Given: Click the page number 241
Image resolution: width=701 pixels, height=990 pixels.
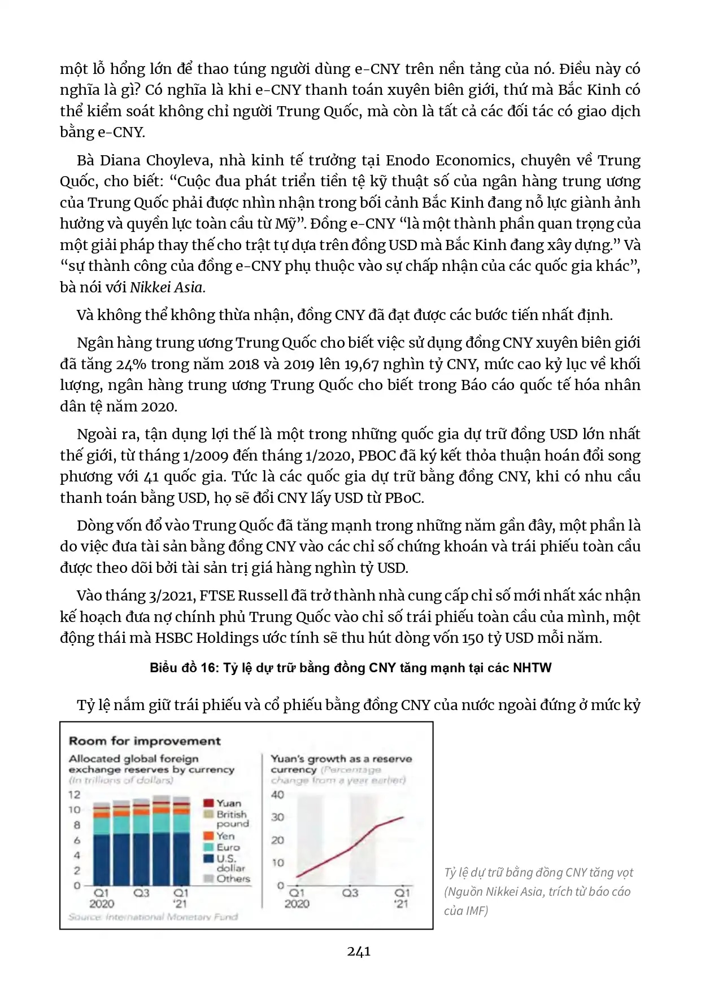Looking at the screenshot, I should coord(359,951).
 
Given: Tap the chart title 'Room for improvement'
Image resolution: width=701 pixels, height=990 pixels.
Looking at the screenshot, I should coord(145,741).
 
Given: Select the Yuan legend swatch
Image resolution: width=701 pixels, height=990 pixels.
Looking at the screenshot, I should coord(208,803).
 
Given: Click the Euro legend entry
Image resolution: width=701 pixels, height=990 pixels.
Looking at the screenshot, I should coord(228,847).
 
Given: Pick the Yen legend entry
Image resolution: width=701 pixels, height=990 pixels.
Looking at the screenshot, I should coord(225,836).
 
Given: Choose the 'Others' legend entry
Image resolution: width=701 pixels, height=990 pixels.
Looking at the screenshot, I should coord(233,878).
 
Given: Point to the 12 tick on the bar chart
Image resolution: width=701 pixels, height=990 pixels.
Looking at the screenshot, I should coord(75,795).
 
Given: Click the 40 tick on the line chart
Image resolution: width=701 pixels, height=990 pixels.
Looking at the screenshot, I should coord(277,795).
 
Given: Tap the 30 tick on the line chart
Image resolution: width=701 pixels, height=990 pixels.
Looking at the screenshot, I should coord(277,817).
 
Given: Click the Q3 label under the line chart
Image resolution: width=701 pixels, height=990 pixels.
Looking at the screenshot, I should coord(350,893).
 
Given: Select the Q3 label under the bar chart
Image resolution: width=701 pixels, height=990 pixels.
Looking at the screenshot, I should coord(141,893).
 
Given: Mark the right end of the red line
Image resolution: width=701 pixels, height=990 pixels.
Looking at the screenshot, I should coord(403,817).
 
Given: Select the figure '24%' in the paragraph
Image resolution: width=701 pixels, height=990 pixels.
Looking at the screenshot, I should coord(132,364).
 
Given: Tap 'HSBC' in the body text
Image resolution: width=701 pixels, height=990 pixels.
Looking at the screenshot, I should coord(175,638).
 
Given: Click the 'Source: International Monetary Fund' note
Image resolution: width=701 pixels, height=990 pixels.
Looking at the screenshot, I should coord(153,917).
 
